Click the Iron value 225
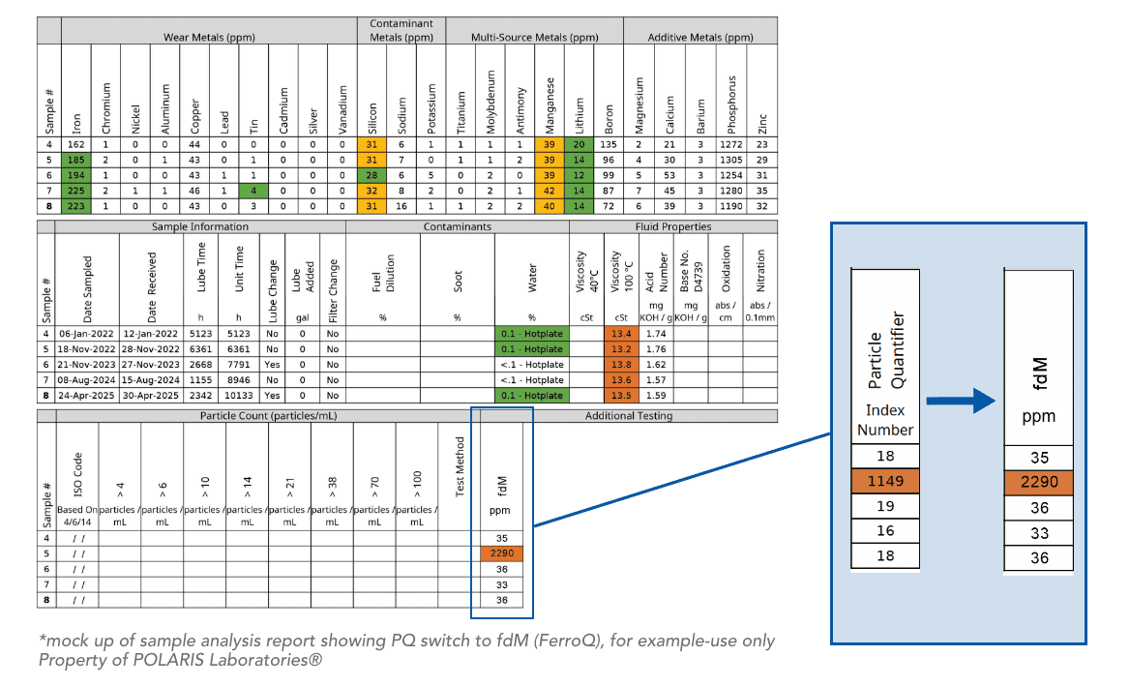click(75, 191)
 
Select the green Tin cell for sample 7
click(253, 191)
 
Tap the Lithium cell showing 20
click(579, 144)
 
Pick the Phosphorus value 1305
click(730, 160)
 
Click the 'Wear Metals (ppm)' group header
click(209, 38)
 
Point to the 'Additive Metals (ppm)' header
click(699, 38)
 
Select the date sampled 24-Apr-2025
click(86, 396)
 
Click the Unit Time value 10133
click(239, 396)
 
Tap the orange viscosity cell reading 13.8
click(620, 365)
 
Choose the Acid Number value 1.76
click(656, 349)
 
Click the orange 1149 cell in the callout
click(885, 481)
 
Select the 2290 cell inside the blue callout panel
click(1038, 482)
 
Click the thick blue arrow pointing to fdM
click(961, 401)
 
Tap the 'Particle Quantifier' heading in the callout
click(885, 350)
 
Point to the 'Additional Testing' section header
click(629, 416)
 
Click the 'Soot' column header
click(458, 282)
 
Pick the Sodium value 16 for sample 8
click(401, 206)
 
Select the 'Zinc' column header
click(762, 124)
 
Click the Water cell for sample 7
click(532, 379)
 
